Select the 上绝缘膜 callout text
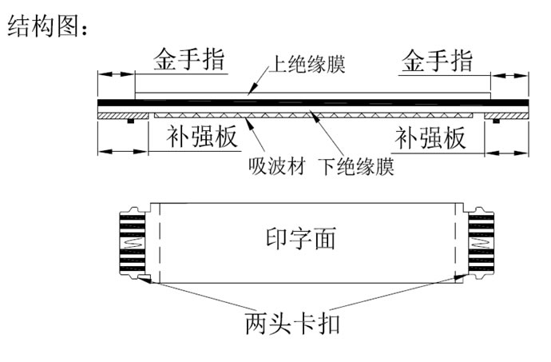[307, 64]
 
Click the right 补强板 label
[430, 138]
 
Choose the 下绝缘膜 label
[356, 166]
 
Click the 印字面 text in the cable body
[301, 238]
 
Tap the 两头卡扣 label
[292, 324]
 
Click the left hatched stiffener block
[123, 116]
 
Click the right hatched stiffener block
[506, 116]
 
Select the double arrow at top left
[116, 74]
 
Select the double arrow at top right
[509, 76]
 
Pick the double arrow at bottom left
[123, 152]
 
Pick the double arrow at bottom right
[507, 153]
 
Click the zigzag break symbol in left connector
[132, 242]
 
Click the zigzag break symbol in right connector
[481, 243]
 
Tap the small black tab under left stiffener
[131, 121]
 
